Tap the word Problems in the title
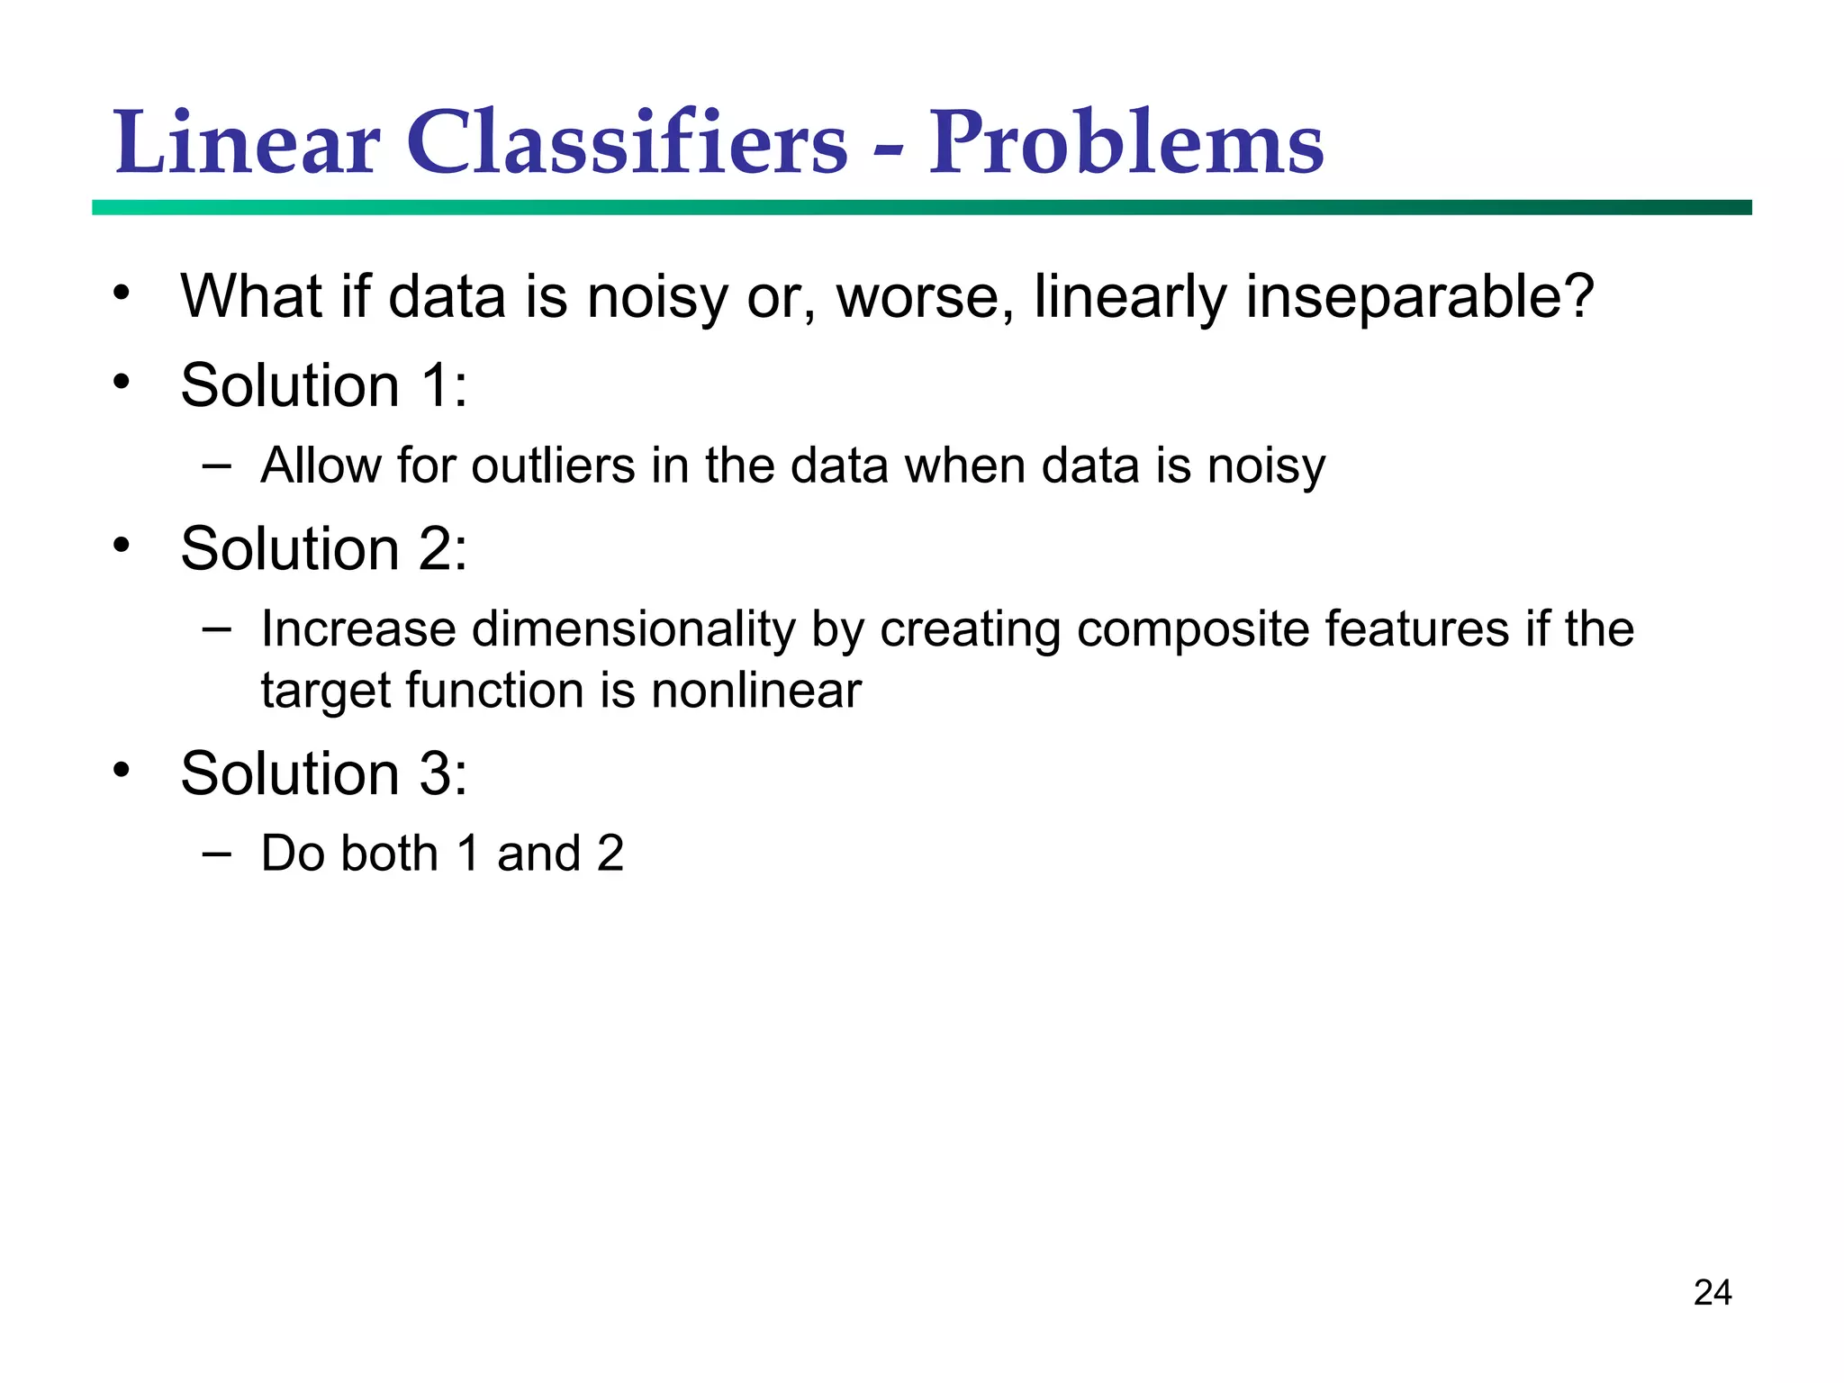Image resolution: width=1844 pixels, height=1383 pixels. [x=1125, y=144]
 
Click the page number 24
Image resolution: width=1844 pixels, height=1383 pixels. [x=1712, y=1293]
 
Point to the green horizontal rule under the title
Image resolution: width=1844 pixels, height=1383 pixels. [x=921, y=207]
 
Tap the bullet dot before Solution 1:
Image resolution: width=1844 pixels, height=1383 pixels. [x=122, y=382]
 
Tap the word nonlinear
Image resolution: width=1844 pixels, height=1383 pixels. [x=756, y=691]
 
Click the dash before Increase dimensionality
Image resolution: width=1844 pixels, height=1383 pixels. [x=216, y=627]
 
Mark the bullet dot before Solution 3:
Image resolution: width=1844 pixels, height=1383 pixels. [x=122, y=770]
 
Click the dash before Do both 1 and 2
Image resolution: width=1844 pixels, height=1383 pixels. [x=216, y=852]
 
